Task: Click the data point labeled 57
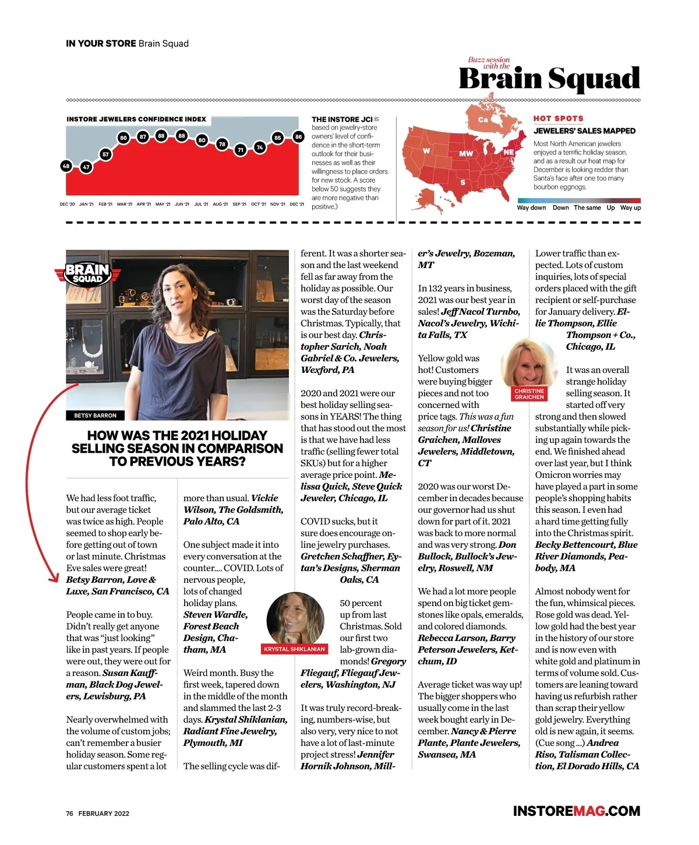105,154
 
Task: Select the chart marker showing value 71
240,150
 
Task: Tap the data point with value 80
202,140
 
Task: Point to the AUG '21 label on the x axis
220,205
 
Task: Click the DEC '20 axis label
67,205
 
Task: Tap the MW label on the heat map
466,154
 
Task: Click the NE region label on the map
509,152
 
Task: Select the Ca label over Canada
483,120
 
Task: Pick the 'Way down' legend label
531,208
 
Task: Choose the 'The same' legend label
587,208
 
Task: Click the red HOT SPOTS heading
558,118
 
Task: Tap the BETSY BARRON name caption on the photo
95,416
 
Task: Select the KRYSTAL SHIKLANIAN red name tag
294,649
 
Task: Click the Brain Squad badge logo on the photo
87,273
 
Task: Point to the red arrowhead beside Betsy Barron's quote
54,578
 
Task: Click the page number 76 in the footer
69,814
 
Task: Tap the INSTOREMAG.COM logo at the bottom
576,811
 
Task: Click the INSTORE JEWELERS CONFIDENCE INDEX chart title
136,119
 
